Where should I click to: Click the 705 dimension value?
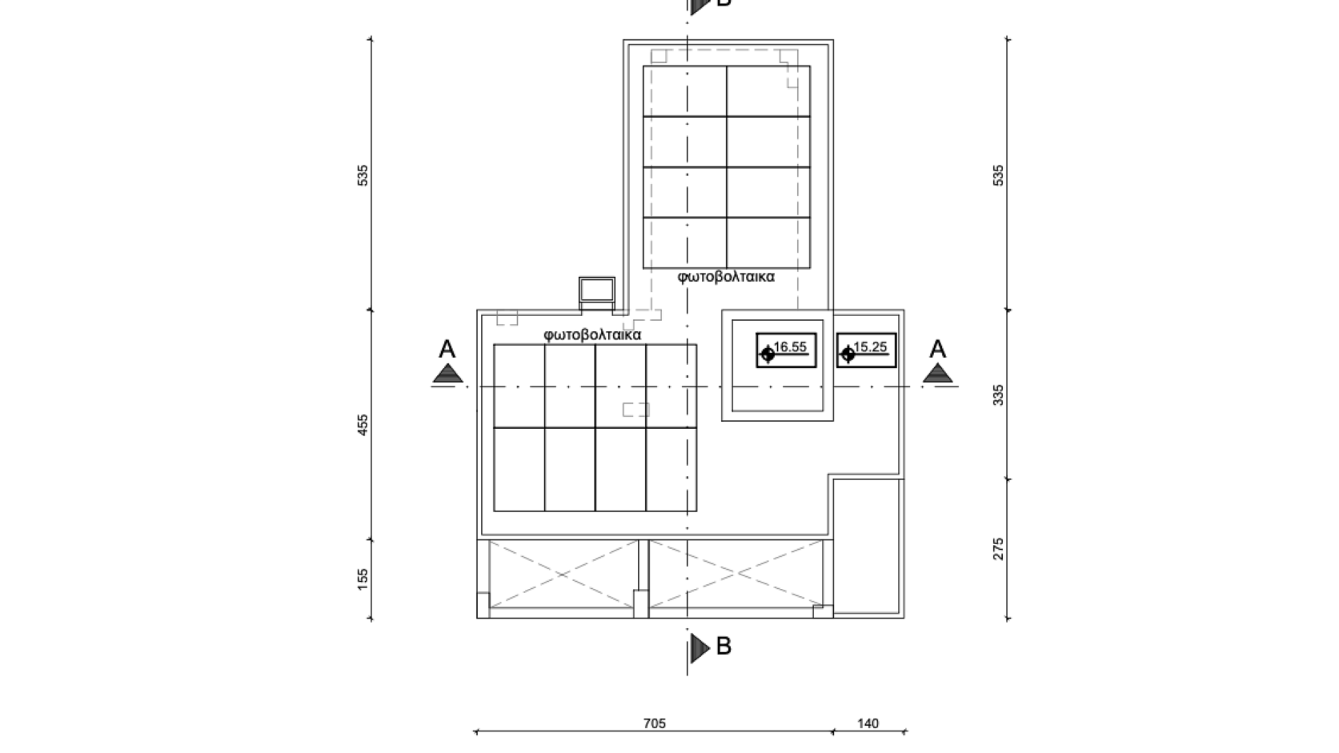pyautogui.click(x=654, y=724)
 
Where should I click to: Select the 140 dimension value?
pyautogui.click(x=868, y=724)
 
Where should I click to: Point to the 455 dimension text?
pyautogui.click(x=363, y=425)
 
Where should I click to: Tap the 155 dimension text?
pyautogui.click(x=363, y=579)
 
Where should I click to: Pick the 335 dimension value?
pyautogui.click(x=999, y=395)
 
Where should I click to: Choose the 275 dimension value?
pyautogui.click(x=999, y=549)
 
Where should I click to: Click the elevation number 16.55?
pyautogui.click(x=790, y=347)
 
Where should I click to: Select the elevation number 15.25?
pyautogui.click(x=870, y=347)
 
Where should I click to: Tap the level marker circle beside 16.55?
pyautogui.click(x=768, y=355)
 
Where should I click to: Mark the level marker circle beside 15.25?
pyautogui.click(x=848, y=355)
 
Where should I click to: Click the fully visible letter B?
pyautogui.click(x=724, y=646)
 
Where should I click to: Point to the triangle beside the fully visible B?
pyautogui.click(x=699, y=648)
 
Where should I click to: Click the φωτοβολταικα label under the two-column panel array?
pyautogui.click(x=726, y=277)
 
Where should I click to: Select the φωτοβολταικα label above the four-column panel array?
pyautogui.click(x=592, y=335)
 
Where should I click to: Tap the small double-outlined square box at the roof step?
pyautogui.click(x=597, y=289)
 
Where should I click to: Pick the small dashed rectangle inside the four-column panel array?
pyautogui.click(x=636, y=409)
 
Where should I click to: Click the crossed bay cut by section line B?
pyautogui.click(x=736, y=575)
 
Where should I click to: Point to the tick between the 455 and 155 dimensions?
pyautogui.click(x=370, y=540)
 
